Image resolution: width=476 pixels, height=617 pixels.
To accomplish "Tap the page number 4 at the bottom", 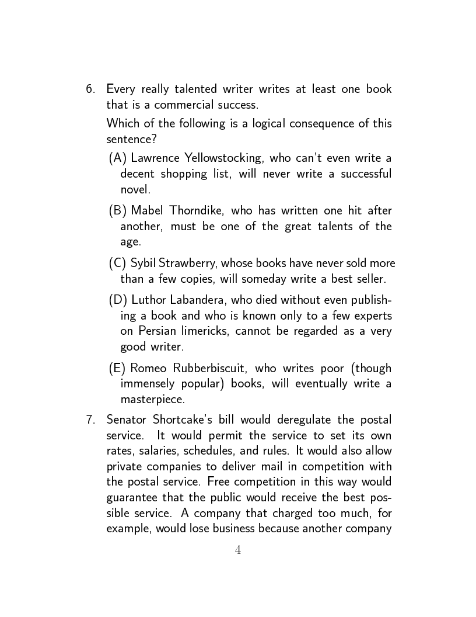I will point(237,550).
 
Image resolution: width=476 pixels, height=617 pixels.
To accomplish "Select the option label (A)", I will point(118,158).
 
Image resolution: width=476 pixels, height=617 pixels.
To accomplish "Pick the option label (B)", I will point(118,210).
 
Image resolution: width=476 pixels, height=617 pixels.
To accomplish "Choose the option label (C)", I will point(118,263).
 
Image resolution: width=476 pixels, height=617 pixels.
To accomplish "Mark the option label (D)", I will point(118,300).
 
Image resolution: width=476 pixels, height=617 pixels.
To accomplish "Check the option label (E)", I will point(118,368).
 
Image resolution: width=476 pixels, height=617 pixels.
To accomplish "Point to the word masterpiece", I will point(152,400).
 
